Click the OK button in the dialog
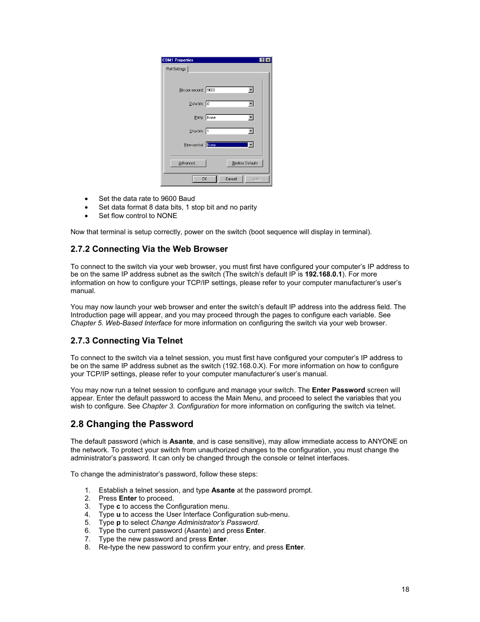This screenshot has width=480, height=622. [x=204, y=179]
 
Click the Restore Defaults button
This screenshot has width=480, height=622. [x=245, y=163]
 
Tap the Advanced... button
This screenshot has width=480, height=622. [x=188, y=163]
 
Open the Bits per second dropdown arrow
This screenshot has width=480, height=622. [x=251, y=90]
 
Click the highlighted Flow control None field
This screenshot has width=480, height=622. [x=227, y=145]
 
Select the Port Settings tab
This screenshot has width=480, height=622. [x=176, y=69]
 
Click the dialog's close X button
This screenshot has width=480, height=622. [x=268, y=60]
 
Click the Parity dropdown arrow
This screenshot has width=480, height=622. [x=251, y=117]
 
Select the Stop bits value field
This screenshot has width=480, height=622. [x=227, y=131]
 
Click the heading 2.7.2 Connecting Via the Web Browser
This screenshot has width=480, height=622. [x=149, y=249]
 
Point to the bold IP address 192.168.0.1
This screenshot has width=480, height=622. [x=323, y=274]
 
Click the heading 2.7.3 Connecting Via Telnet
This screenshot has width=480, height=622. [x=126, y=340]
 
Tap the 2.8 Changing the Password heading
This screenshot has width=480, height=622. [x=132, y=424]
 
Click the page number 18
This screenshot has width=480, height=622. [x=405, y=589]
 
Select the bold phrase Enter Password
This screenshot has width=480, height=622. [x=338, y=390]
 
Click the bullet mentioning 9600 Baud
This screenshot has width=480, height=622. [x=146, y=198]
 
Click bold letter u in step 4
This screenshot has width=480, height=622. [x=118, y=515]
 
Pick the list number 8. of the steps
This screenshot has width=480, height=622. [x=88, y=547]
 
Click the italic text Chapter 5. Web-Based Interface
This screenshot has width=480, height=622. [x=121, y=323]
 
